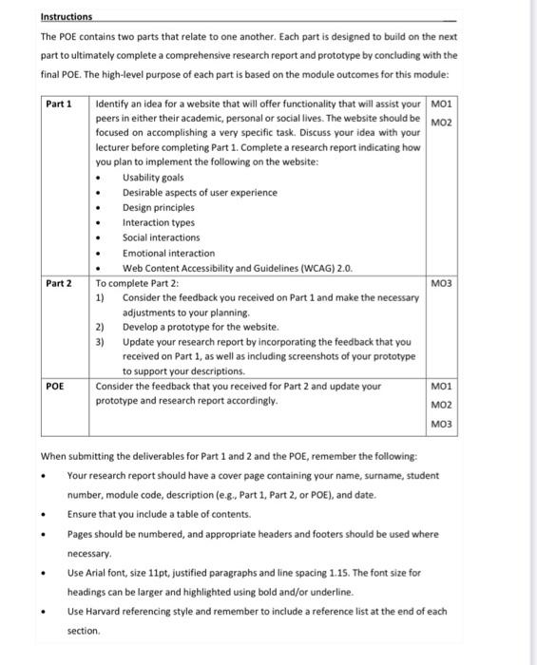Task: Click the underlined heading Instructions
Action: (x=67, y=17)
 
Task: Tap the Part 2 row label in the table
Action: (x=60, y=282)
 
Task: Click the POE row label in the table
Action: (x=56, y=387)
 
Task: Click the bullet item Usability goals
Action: (x=153, y=178)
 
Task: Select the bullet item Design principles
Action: (x=158, y=207)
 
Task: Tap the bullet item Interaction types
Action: (x=158, y=222)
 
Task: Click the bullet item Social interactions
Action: (x=161, y=237)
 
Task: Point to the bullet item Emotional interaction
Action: (x=168, y=253)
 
